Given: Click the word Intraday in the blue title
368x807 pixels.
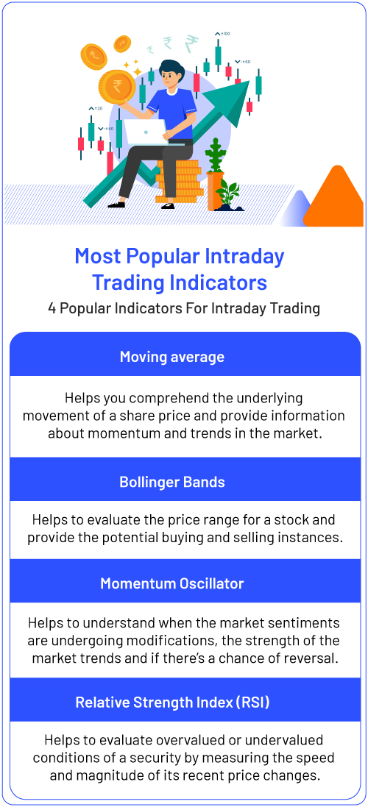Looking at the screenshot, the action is (x=239, y=256).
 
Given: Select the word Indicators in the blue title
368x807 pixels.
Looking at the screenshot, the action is (x=221, y=282).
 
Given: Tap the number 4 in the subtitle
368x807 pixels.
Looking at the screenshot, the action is (x=52, y=309).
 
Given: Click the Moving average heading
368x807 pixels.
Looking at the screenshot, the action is (x=172, y=357).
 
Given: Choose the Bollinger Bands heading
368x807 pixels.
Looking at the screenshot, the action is (x=172, y=483).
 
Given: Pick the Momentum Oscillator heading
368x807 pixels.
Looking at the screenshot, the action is (x=172, y=583).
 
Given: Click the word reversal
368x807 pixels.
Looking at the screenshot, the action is (x=314, y=658).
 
